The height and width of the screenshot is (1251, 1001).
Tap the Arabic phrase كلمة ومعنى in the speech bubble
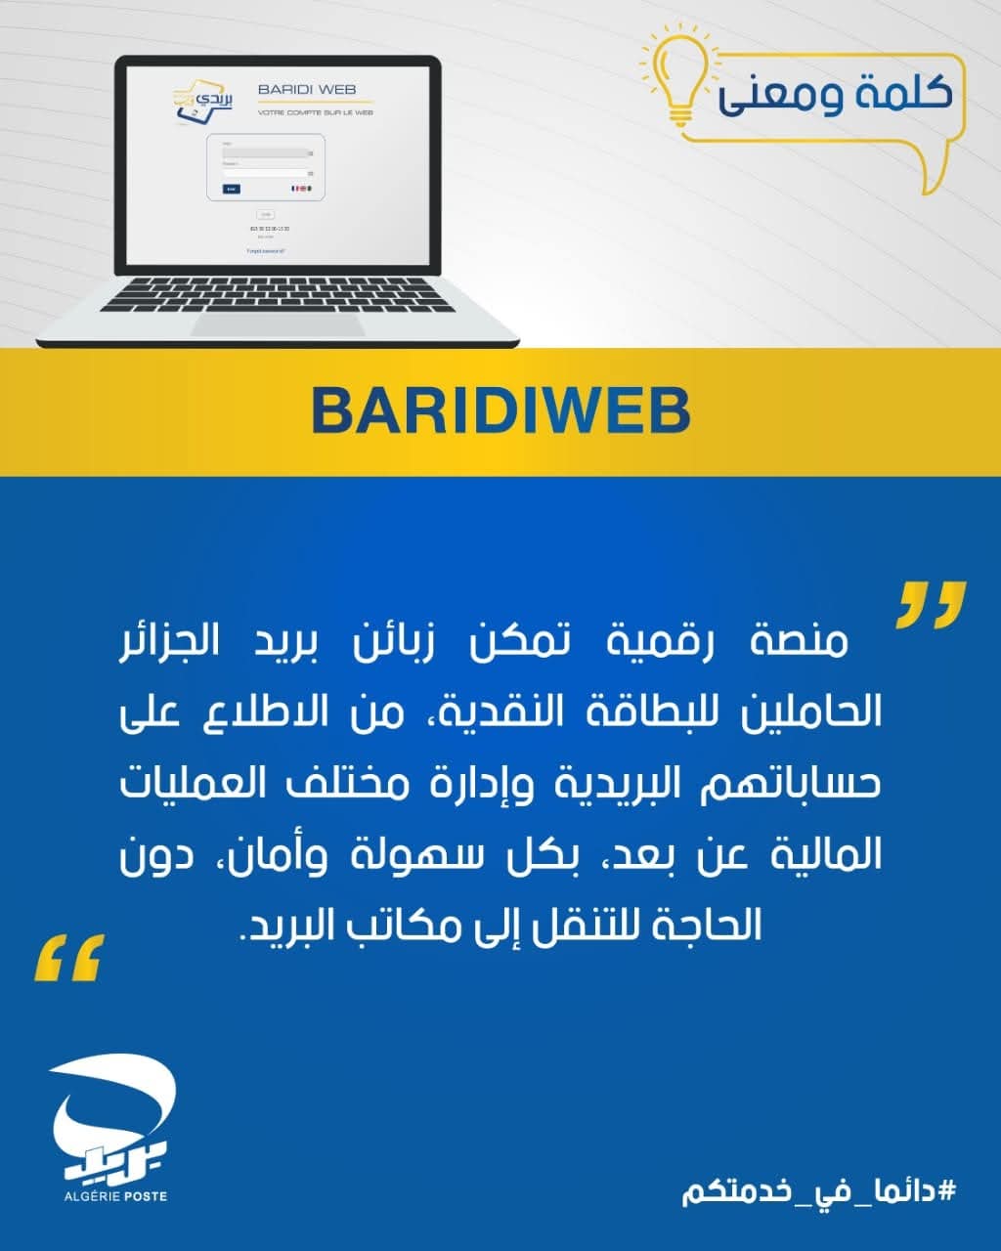click(835, 96)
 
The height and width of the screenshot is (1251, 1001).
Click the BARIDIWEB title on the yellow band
click(500, 411)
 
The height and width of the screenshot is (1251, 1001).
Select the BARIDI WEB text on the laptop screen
click(307, 90)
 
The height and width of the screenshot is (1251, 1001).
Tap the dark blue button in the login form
click(231, 189)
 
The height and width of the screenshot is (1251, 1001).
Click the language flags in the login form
click(302, 189)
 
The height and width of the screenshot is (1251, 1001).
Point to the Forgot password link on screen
click(266, 251)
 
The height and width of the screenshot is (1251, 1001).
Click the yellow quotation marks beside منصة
click(931, 604)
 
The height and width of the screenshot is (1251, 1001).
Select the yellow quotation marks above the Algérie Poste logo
click(68, 957)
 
